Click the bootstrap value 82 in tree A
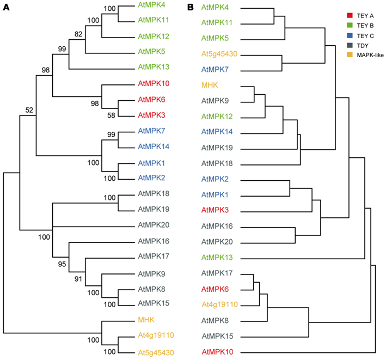tap(78, 35)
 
